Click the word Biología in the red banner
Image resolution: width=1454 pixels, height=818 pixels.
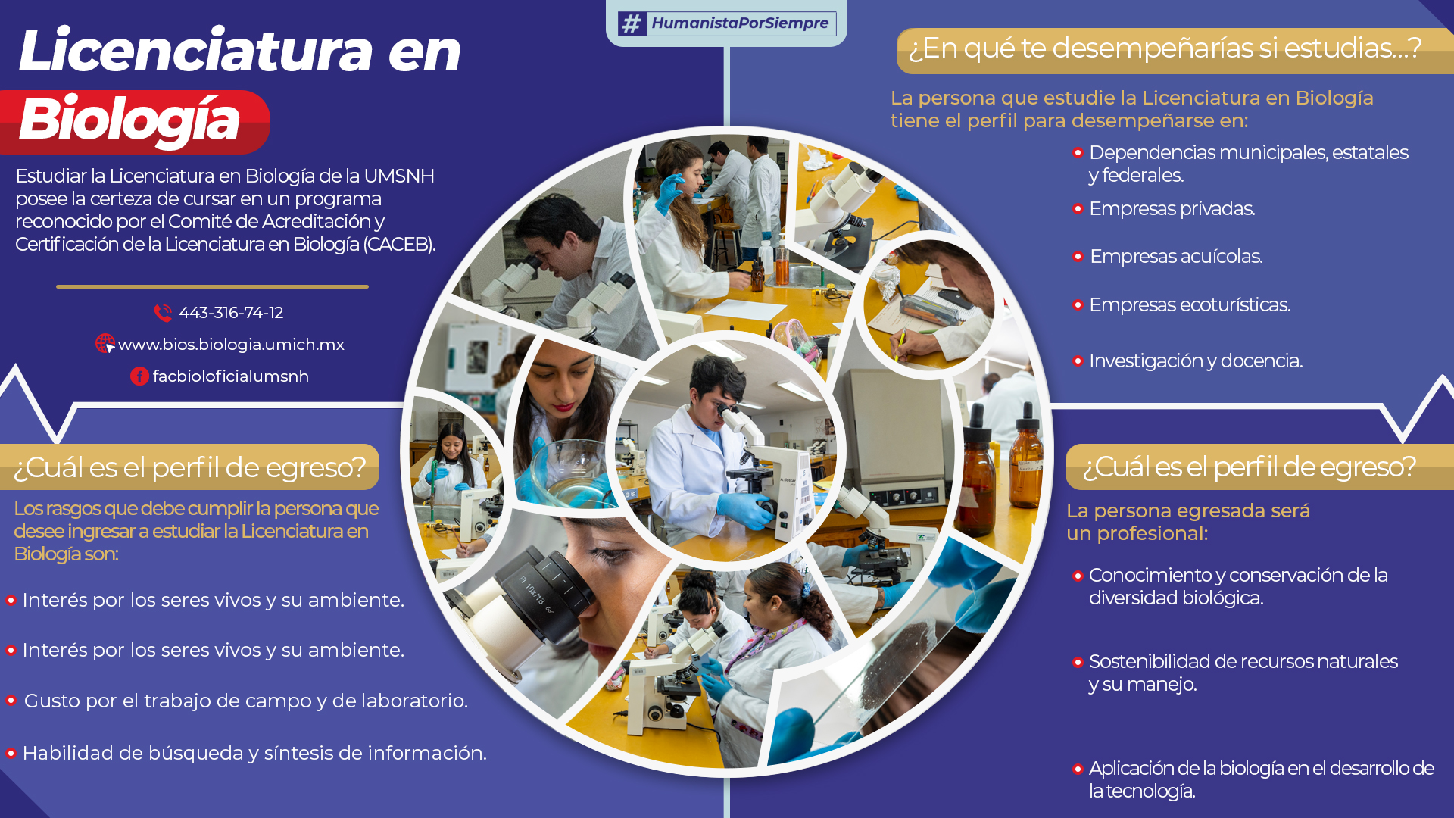[129, 120]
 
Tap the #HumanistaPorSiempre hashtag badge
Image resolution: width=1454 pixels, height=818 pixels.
[727, 23]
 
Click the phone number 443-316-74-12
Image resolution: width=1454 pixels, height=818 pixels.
[231, 313]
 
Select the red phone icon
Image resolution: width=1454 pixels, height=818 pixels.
[163, 313]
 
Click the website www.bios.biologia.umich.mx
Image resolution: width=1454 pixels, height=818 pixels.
[231, 345]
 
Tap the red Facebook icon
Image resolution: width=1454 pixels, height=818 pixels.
[139, 376]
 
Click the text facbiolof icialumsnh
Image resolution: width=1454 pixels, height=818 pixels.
[231, 376]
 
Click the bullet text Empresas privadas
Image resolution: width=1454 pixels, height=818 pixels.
[1172, 209]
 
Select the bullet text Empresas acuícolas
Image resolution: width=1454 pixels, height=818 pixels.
[1176, 257]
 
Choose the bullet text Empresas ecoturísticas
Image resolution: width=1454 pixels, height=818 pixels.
[1190, 305]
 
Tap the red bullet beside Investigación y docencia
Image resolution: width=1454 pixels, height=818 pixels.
[1078, 361]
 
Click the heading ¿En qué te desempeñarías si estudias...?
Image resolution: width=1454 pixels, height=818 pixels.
[1165, 48]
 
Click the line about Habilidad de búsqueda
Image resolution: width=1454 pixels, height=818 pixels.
[254, 754]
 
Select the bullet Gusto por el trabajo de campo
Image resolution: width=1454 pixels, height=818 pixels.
[245, 701]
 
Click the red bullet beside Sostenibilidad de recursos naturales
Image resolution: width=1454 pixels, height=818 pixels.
[1078, 663]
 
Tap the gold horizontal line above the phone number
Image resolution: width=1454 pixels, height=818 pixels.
[212, 287]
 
